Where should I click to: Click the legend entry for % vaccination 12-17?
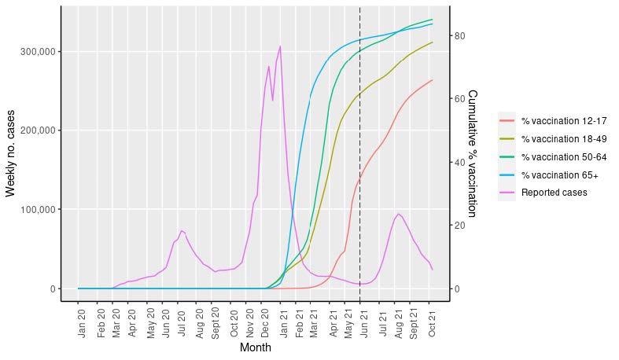click(x=563, y=121)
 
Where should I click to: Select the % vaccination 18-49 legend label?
click(x=563, y=139)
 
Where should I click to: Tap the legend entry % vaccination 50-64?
click(x=563, y=157)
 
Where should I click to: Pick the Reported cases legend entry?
click(x=554, y=193)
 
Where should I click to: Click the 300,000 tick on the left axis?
click(x=35, y=51)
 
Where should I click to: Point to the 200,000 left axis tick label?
click(x=35, y=130)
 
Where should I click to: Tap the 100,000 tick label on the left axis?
click(x=35, y=210)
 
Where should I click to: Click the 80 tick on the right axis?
click(x=461, y=36)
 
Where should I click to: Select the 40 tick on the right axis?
click(x=461, y=163)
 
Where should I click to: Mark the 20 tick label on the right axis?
click(x=461, y=226)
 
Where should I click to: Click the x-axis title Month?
click(x=255, y=347)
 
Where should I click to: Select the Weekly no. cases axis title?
click(x=11, y=148)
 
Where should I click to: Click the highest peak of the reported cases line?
click(x=280, y=46)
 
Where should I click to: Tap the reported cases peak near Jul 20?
click(x=181, y=230)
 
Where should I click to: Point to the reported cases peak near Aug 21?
click(x=399, y=214)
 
